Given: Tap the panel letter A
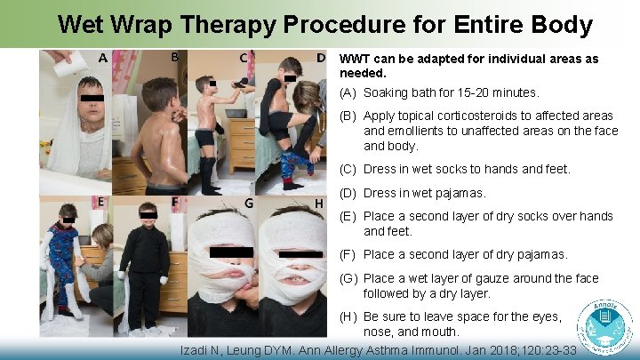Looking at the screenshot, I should coord(103,59).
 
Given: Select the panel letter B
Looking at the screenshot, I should coord(175,59).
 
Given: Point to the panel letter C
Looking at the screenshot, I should coord(244,59).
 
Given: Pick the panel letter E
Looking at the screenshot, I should coord(100,202).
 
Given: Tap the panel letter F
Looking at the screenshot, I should coord(175,202).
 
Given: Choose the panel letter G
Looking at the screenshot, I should coord(249,203).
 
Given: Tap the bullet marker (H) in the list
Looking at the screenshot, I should coord(349,316).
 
